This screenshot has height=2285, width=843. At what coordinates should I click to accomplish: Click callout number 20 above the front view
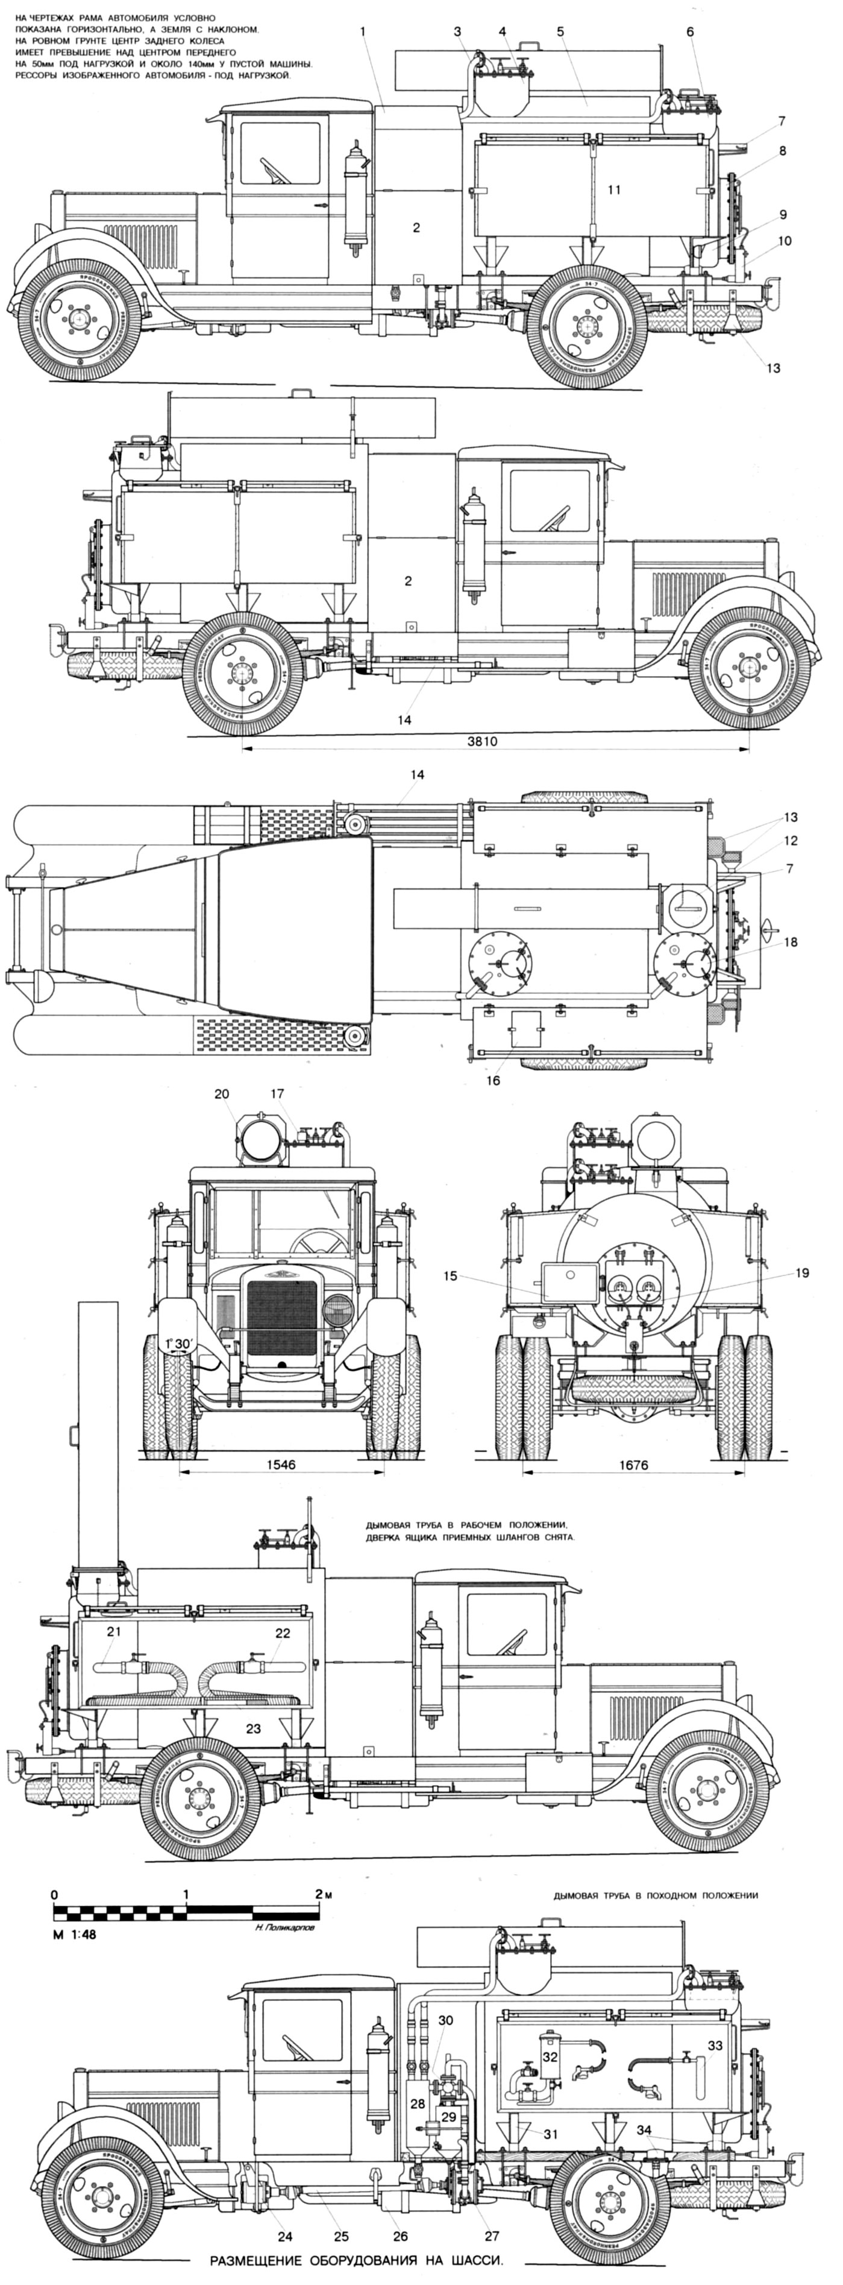pos(222,1094)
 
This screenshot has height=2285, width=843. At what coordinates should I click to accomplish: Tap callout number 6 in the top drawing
pos(690,32)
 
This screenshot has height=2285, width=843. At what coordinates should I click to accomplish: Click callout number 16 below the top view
pos(493,1081)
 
